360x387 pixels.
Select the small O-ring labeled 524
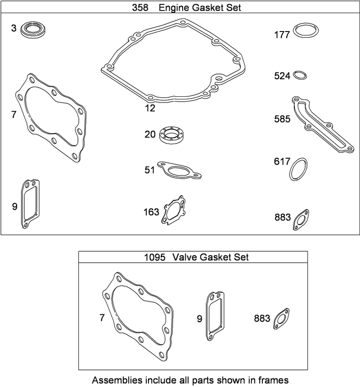[301, 75]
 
